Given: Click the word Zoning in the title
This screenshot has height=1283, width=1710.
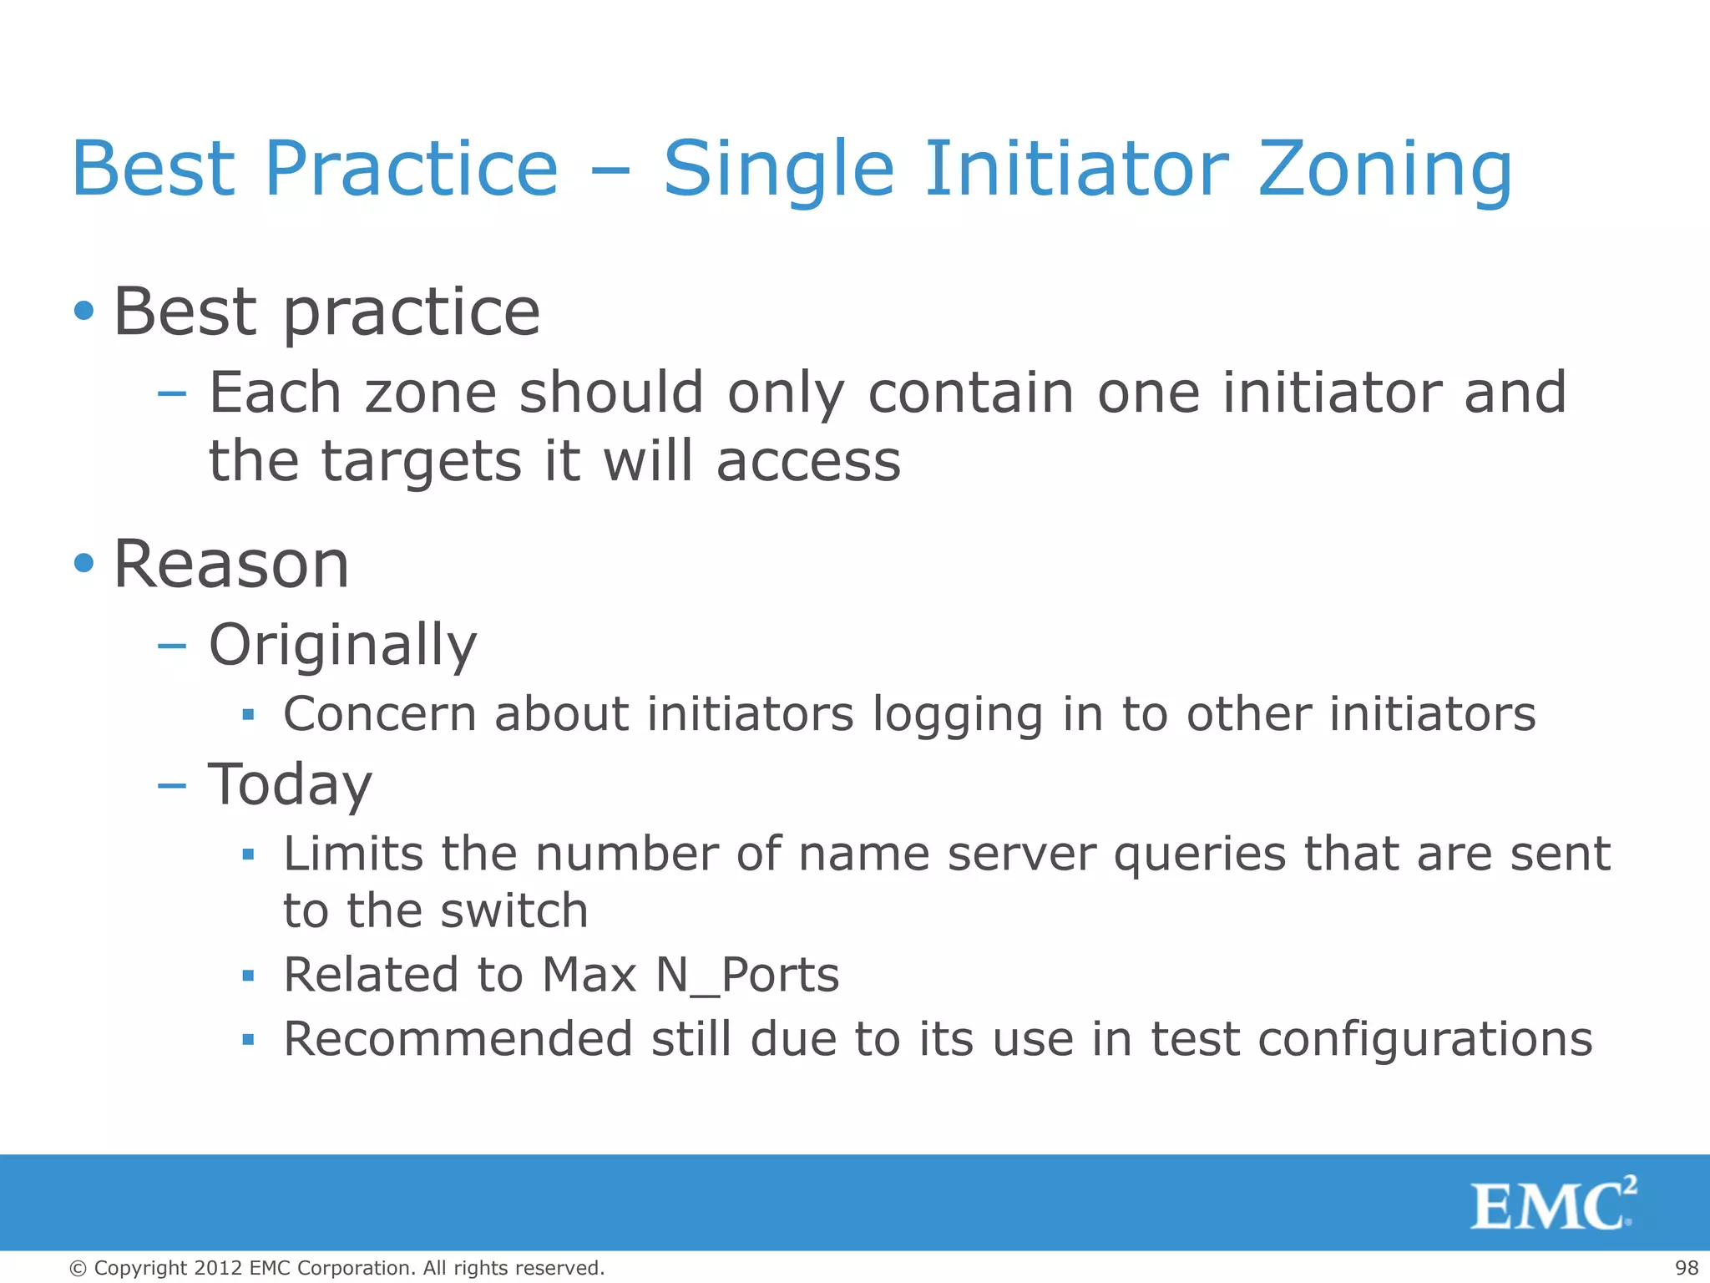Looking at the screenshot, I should pos(1384,170).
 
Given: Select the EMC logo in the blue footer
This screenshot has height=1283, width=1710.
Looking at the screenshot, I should pos(1553,1204).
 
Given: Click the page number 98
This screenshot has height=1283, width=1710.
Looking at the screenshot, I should pos(1687,1268).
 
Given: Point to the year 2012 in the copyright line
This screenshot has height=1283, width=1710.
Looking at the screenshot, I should pos(219,1268).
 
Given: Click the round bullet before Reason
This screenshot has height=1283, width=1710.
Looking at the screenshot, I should pos(83,563).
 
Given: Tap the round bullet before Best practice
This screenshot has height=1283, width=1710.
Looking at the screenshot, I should pos(83,312).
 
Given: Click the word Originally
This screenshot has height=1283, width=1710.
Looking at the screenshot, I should pos(342,646).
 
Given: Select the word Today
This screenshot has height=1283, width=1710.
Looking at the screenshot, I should pos(290,785).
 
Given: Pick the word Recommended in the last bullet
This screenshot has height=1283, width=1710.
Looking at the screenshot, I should pos(458,1039).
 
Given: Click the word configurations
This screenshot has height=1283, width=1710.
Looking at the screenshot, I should pos(1424,1041).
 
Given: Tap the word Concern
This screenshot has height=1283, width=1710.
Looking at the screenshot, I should pos(380,714).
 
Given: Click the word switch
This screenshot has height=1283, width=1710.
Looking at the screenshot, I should pos(514,910).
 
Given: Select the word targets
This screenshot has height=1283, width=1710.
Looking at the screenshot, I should pos(422,462).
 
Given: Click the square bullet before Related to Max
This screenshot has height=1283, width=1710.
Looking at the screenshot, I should pos(247,975).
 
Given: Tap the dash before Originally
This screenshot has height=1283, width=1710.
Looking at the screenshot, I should pos(172,646).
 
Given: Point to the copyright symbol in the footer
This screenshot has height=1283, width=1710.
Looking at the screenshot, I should pos(78,1268).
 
